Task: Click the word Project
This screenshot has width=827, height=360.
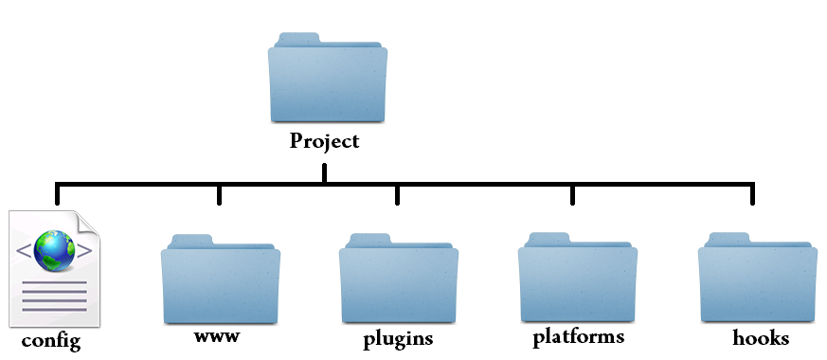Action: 325,142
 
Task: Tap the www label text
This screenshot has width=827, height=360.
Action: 216,336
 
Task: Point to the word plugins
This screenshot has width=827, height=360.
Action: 398,338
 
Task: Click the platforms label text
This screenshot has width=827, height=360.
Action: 578,337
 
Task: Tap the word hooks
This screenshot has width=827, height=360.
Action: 761,337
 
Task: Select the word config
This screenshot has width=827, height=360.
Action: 51,341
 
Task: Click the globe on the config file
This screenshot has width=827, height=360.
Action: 54,250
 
